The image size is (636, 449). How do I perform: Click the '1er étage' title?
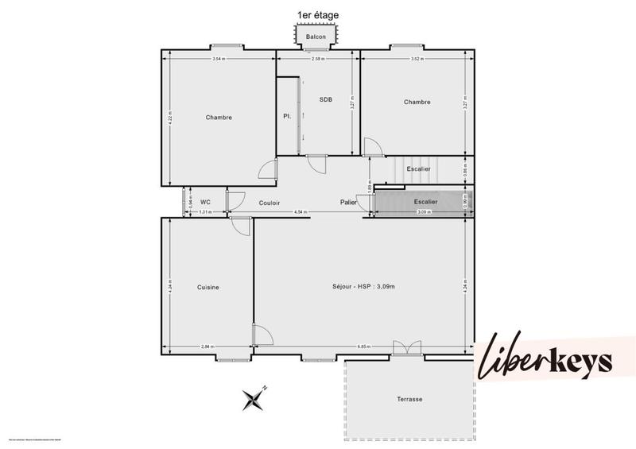(x=318, y=15)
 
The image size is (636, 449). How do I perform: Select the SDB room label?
(x=326, y=99)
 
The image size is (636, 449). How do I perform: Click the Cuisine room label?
(x=208, y=287)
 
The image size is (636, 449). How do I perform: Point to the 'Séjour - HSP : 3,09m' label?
(x=364, y=286)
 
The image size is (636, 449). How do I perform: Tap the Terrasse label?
(x=411, y=399)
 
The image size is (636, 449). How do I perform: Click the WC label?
(x=205, y=203)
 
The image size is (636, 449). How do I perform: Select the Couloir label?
(x=270, y=203)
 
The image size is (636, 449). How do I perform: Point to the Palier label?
(x=348, y=203)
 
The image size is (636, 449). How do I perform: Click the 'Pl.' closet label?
(x=287, y=117)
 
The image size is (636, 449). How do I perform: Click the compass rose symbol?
(x=254, y=397)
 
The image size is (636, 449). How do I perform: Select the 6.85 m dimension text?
(x=364, y=346)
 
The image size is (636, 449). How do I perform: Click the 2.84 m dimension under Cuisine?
(x=207, y=346)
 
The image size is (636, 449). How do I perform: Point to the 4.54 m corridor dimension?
(x=300, y=212)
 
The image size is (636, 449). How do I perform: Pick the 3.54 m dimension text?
(x=218, y=59)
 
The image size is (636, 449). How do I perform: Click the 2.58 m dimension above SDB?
(x=317, y=59)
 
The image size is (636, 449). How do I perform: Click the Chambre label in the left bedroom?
(x=219, y=118)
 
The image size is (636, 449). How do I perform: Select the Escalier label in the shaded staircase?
(x=425, y=202)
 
